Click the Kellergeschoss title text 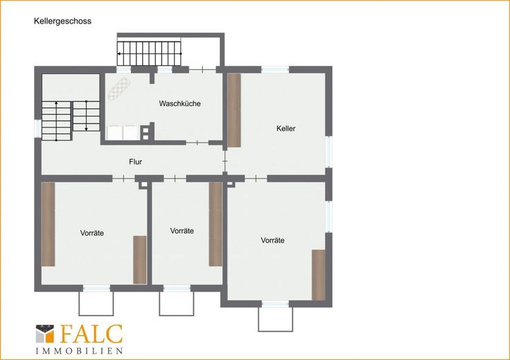click(62, 21)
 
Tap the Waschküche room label click(179, 104)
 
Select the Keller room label click(286, 128)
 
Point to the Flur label click(135, 162)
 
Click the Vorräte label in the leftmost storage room click(92, 233)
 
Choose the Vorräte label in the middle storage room click(182, 231)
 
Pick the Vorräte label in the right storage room click(272, 240)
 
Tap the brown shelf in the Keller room click(234, 111)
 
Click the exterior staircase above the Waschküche click(149, 53)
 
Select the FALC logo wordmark click(91, 334)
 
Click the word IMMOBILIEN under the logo click(80, 351)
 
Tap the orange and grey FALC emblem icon click(45, 334)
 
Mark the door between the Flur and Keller click(225, 161)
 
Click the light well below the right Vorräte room click(275, 318)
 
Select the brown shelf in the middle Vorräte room click(216, 224)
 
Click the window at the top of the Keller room click(275, 69)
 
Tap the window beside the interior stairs click(37, 129)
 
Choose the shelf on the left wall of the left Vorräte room click(48, 224)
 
